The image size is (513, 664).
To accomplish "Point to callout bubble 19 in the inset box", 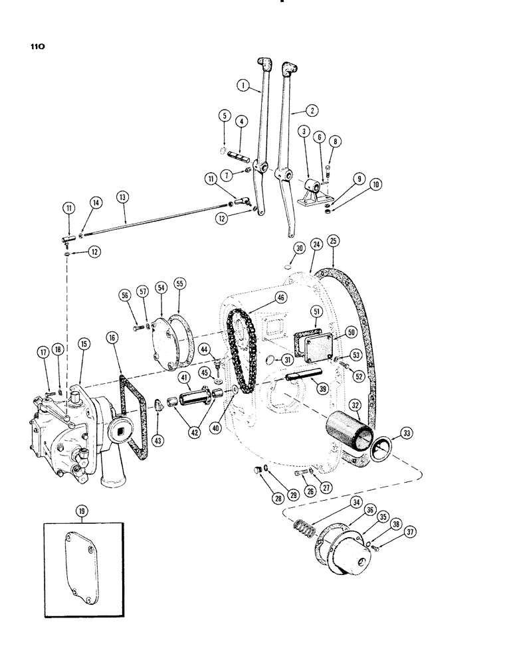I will tap(82, 511).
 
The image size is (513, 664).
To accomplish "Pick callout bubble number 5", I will tap(225, 116).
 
